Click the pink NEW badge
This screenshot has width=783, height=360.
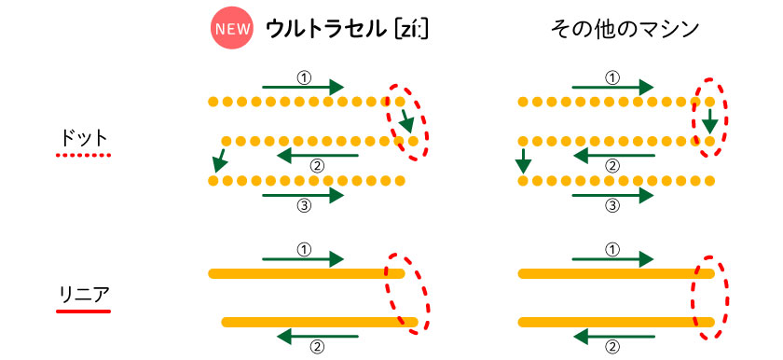coord(232,29)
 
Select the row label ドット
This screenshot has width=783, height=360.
coord(83,137)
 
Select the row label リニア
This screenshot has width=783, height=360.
coord(83,295)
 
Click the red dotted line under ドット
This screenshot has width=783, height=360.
coord(83,155)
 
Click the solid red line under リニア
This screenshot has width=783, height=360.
coord(83,312)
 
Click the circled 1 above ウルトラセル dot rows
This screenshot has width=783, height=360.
coord(304,76)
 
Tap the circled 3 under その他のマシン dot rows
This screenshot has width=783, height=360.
coord(613,205)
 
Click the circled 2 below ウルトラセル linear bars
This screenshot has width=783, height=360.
coord(317,345)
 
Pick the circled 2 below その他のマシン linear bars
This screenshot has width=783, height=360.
coord(613,345)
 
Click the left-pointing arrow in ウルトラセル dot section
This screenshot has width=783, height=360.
coord(318,155)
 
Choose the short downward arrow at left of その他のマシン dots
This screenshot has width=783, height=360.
coord(523,159)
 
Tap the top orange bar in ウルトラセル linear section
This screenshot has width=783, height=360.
coord(306,273)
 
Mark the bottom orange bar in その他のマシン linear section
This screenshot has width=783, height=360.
coord(617,322)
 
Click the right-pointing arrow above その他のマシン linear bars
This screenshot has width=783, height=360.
coord(612,259)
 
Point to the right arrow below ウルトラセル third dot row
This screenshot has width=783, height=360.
coord(303,195)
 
